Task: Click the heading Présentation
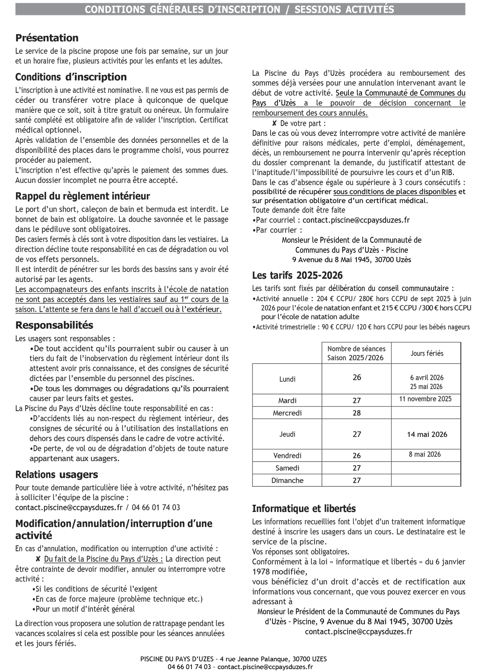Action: [x=47, y=38]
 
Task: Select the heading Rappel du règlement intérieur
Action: [x=83, y=196]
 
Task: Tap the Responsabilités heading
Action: [x=54, y=325]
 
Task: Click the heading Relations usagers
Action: [x=57, y=475]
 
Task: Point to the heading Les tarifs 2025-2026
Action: [x=297, y=276]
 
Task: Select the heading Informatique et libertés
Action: [x=304, y=509]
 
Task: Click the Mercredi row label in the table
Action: [x=287, y=413]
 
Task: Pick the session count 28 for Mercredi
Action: [x=357, y=413]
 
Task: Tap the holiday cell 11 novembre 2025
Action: [x=425, y=399]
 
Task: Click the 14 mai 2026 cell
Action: [x=427, y=434]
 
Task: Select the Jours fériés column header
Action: [x=427, y=353]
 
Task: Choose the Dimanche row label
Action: [x=287, y=480]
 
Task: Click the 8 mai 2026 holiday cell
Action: [x=425, y=454]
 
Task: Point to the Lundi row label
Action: [x=287, y=379]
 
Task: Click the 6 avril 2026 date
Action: [x=427, y=378]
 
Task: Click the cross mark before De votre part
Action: [x=275, y=123]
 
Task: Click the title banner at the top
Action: [x=240, y=9]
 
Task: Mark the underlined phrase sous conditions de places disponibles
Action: [x=394, y=192]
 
